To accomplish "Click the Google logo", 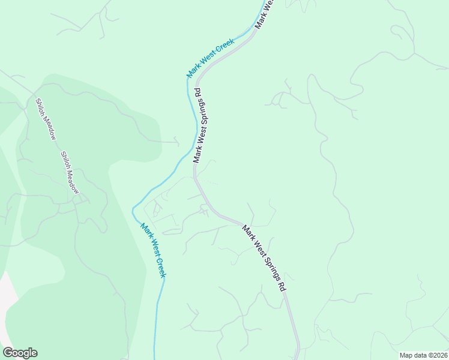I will point(20,353).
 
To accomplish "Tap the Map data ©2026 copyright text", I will point(423,355).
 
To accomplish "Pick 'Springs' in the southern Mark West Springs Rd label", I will point(270,263).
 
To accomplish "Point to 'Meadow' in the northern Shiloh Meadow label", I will point(50,128).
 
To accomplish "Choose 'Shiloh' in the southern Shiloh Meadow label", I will point(64,160).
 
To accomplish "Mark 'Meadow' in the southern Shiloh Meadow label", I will point(73,182).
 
